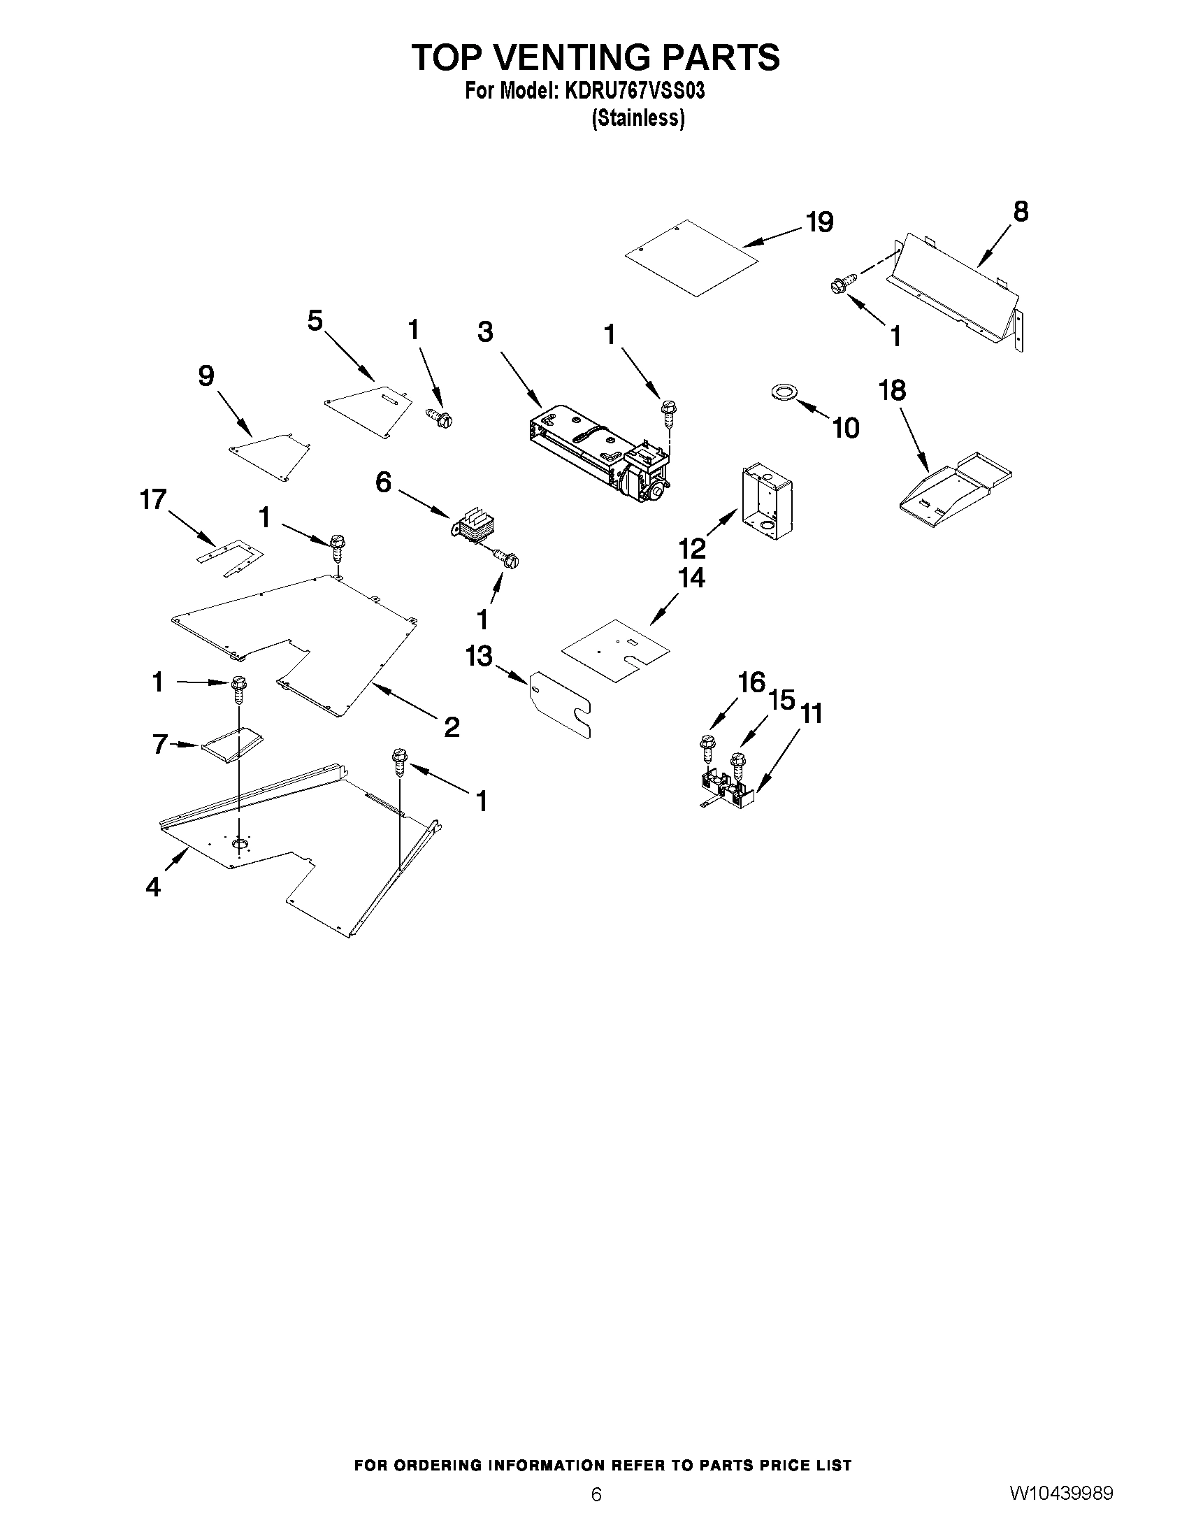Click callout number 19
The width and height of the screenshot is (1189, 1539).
(820, 222)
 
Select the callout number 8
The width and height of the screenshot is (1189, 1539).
(1021, 211)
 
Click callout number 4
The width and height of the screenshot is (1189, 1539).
(153, 887)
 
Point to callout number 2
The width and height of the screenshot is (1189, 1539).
(452, 726)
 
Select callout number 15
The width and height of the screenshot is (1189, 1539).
(782, 700)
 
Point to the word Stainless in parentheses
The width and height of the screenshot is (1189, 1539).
(638, 117)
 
